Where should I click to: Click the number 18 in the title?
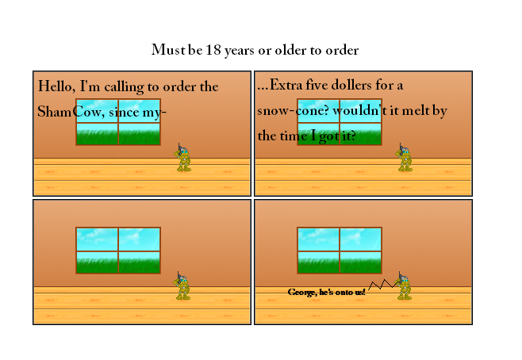pyautogui.click(x=213, y=50)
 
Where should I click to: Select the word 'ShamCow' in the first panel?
pyautogui.click(x=71, y=112)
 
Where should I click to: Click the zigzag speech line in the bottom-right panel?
pyautogui.click(x=383, y=285)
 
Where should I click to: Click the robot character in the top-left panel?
pyautogui.click(x=182, y=158)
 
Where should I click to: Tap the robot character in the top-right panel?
pyautogui.click(x=404, y=158)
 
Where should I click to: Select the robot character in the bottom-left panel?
pyautogui.click(x=182, y=285)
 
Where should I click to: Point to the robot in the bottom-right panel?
pyautogui.click(x=404, y=285)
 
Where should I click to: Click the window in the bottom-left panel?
pyautogui.click(x=118, y=251)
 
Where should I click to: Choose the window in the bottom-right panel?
pyautogui.click(x=340, y=251)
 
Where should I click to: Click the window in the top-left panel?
pyautogui.click(x=118, y=122)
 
